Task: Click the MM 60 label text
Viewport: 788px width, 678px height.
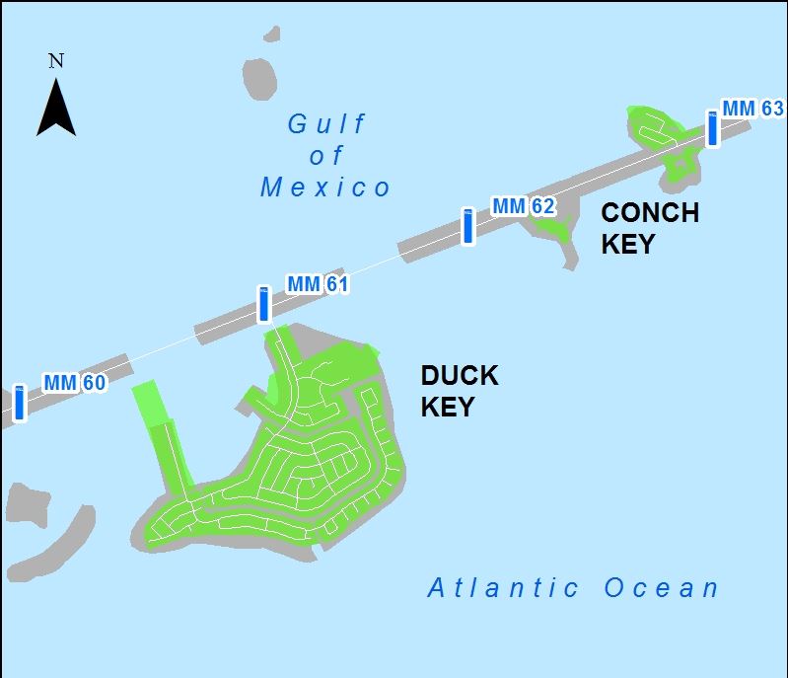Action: pyautogui.click(x=74, y=383)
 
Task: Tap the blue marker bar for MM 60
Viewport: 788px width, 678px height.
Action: pyautogui.click(x=19, y=403)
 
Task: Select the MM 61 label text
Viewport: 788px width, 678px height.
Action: pyautogui.click(x=318, y=284)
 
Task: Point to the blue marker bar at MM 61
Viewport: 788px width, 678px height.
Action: pyautogui.click(x=263, y=304)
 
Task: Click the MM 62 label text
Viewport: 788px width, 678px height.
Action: pyautogui.click(x=523, y=206)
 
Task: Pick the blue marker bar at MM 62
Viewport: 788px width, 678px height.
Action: pyautogui.click(x=468, y=226)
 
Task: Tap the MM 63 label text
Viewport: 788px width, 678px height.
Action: pyautogui.click(x=752, y=108)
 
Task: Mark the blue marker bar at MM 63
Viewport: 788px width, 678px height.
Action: pyautogui.click(x=712, y=128)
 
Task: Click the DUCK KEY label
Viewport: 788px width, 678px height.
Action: pyautogui.click(x=460, y=391)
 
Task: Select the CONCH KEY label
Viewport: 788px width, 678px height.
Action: pyautogui.click(x=649, y=228)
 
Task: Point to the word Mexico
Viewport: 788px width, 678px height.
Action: pyautogui.click(x=325, y=188)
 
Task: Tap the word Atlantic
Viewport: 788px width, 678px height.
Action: pyautogui.click(x=503, y=589)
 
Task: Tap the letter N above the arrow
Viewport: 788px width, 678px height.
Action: pyautogui.click(x=56, y=61)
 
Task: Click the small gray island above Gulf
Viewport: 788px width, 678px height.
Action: pyautogui.click(x=258, y=78)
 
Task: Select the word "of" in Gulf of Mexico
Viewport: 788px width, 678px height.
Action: pyautogui.click(x=326, y=156)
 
